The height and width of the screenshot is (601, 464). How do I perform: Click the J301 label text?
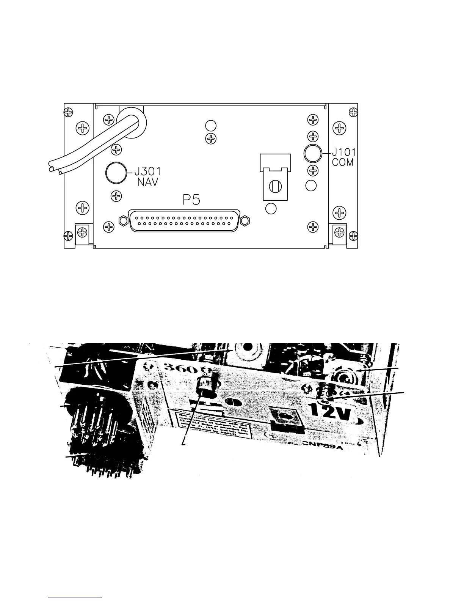(x=150, y=171)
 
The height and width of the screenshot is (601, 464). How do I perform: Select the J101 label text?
(x=344, y=152)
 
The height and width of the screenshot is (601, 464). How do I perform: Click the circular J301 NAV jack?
(x=116, y=173)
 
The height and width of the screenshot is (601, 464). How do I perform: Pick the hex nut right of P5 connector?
(x=246, y=220)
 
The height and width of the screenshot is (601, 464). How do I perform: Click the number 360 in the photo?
(x=177, y=369)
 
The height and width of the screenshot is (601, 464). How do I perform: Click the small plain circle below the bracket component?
(x=271, y=208)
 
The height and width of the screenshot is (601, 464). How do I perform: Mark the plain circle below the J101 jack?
(x=310, y=186)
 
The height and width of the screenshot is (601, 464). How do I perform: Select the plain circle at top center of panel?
(x=210, y=125)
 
